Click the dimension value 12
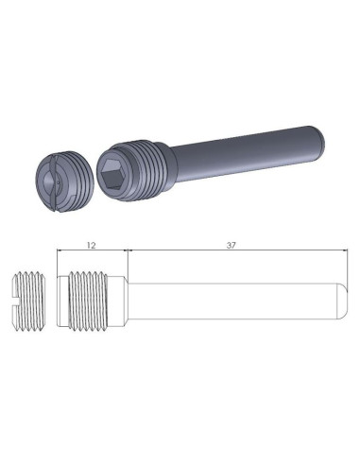coord(91,244)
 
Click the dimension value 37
coord(231,244)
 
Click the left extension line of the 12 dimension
coord(57,260)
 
